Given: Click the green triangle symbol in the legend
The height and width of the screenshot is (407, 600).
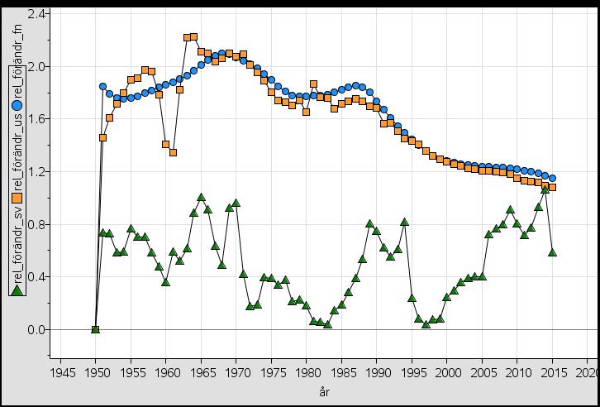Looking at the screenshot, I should pos(17,290).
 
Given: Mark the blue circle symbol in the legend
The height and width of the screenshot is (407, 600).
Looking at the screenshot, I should pos(17,105).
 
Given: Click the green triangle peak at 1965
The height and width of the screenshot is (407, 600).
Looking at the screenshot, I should pos(201,197).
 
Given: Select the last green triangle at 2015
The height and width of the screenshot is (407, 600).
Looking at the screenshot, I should pos(552,252).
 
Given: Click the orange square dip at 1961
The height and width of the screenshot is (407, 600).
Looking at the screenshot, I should pos(173,152).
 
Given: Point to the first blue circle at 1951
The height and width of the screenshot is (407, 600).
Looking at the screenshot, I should pos(102,86).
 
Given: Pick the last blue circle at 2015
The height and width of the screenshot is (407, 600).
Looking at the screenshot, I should pos(552,178).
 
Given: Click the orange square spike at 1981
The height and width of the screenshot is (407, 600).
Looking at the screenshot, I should pos(313,84).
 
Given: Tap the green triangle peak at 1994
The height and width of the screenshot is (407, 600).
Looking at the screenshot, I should pos(405,222).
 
